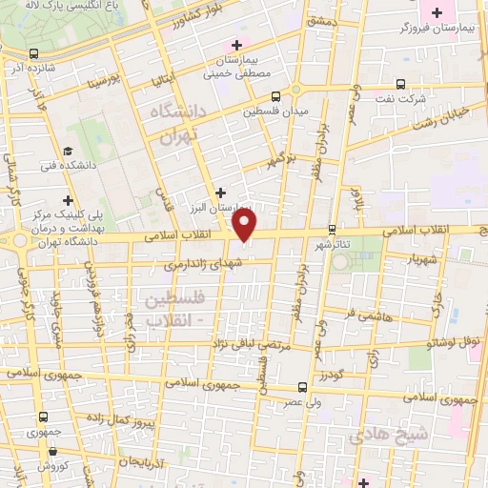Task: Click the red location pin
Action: point(245,225)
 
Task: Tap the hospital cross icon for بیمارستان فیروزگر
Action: point(437,12)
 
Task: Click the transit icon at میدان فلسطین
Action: point(275,97)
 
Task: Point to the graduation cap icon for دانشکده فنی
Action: point(68,151)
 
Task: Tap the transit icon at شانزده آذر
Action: point(34,53)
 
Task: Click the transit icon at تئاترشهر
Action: point(332,229)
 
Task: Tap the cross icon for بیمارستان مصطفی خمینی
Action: point(237,45)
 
